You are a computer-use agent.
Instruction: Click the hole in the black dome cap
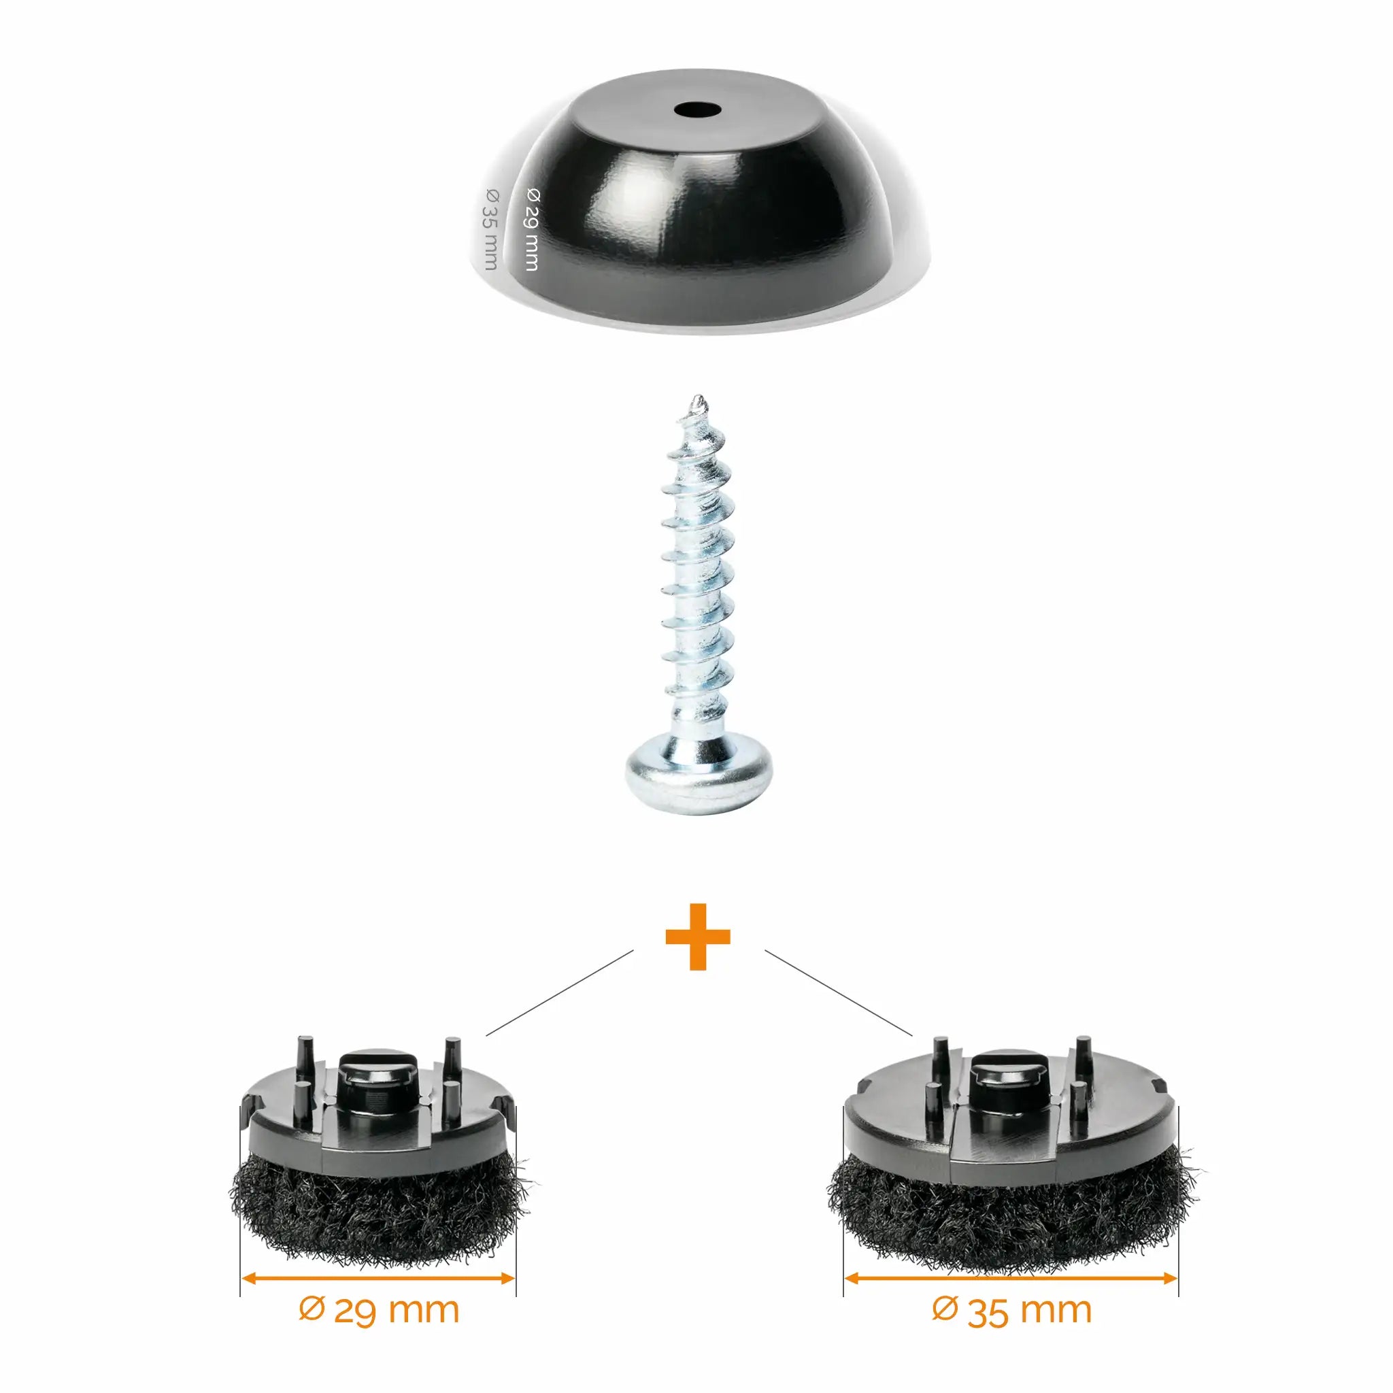point(699,110)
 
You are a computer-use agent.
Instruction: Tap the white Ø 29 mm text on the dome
point(532,228)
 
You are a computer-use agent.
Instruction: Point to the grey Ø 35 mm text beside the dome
point(490,228)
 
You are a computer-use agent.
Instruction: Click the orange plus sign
point(697,937)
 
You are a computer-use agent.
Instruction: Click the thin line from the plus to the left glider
point(560,992)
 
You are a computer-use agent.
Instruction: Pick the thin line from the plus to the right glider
point(839,992)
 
